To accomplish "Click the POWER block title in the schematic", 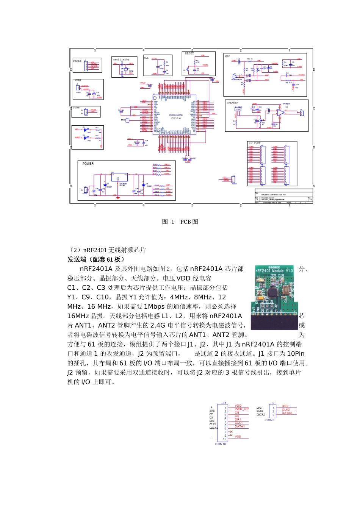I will coord(88,164).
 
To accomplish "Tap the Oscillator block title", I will coord(121,59).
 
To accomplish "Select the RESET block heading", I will coord(189,53).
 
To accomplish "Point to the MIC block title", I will coord(227,56).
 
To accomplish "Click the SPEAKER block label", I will coord(232,103).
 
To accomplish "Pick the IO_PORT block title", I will coord(254,143).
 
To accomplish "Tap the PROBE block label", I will coord(77,61).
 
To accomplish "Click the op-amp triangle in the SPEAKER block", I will coord(280,112).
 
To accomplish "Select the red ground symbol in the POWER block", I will coord(118,197).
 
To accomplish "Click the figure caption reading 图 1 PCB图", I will coord(180,222).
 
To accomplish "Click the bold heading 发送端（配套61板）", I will coord(96,259).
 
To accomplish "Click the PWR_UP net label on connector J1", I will coord(241,409).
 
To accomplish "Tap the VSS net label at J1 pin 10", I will coord(238,437).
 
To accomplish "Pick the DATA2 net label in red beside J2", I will coord(287,413).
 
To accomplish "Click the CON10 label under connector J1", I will coord(221,444).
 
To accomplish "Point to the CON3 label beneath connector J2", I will coord(270,420).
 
